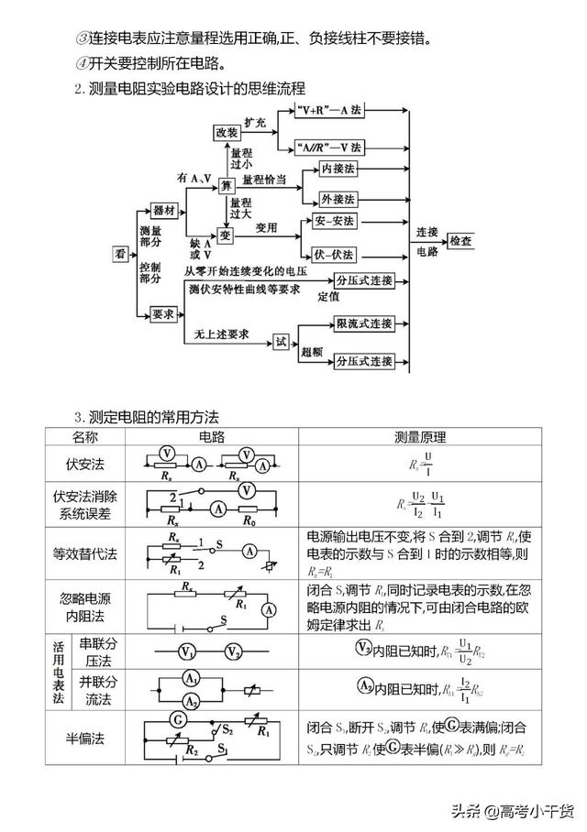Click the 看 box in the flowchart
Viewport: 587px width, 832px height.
pos(120,255)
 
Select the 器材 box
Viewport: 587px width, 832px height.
pos(165,210)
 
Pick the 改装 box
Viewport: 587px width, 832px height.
pos(227,133)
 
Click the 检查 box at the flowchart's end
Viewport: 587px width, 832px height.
pos(461,241)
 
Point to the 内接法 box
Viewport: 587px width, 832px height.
pos(338,169)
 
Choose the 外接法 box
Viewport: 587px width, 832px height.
pos(338,199)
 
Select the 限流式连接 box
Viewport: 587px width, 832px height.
pos(364,323)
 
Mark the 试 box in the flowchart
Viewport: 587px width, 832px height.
pos(282,342)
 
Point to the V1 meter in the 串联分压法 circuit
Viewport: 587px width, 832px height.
pos(187,652)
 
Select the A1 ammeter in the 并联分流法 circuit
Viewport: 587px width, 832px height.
pos(189,678)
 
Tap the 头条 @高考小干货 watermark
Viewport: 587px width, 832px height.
pos(523,809)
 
